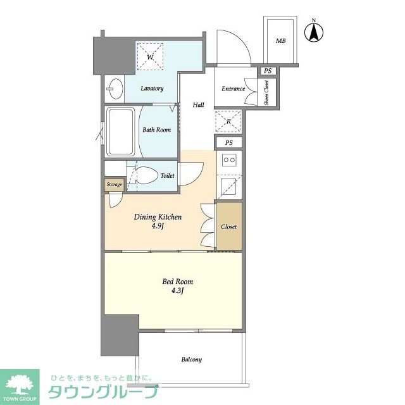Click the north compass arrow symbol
(314, 32)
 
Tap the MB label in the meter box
(280, 40)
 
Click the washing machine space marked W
(150, 56)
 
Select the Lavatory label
(152, 89)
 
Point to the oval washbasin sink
(115, 89)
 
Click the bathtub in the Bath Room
(121, 132)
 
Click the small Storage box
(114, 185)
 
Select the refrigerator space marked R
(228, 121)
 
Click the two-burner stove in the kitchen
(230, 160)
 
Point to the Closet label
(229, 227)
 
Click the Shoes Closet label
(266, 92)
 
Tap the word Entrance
(234, 89)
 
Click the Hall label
(198, 105)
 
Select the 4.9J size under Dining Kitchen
(158, 227)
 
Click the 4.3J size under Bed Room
(177, 291)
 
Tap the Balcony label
(191, 359)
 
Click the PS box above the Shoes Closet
(268, 71)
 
